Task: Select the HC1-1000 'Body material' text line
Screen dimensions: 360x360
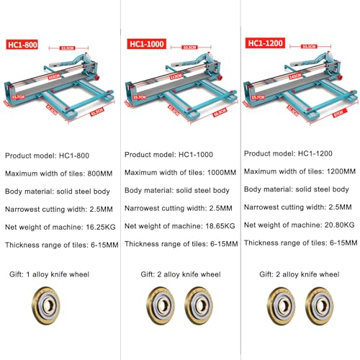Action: click(177, 190)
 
